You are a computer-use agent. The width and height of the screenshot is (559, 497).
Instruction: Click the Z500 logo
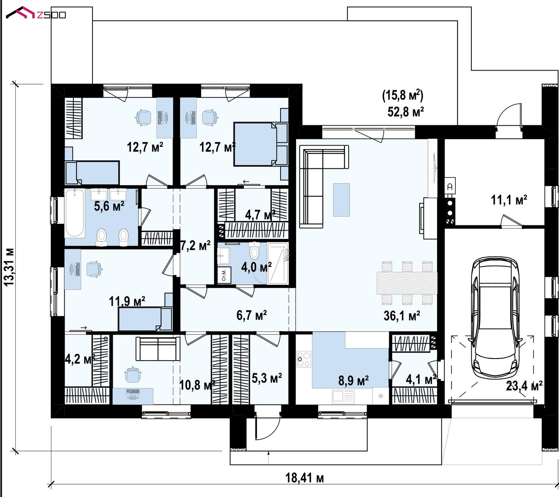coord(36,13)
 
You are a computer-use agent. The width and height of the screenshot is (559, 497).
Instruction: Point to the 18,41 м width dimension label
coord(304,478)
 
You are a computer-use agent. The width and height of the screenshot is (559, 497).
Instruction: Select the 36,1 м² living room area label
coord(402,316)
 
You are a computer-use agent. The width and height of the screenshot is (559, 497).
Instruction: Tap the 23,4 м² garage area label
coord(524,386)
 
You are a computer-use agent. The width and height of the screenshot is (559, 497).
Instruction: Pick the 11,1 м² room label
coord(509,200)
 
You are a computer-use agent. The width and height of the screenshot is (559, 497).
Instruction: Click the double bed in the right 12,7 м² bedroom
coord(255,144)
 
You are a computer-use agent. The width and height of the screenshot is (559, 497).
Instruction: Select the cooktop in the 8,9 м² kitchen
coord(304,359)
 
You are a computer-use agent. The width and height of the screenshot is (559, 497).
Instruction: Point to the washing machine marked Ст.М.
coord(224,274)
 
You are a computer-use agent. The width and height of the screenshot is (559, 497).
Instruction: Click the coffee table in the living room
coord(341,200)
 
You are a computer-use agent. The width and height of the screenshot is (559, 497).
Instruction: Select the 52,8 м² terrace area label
coord(406,112)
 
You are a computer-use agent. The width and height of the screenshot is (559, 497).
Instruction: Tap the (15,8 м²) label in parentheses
coord(403,95)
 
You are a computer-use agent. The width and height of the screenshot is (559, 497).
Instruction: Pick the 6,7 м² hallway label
coord(251,315)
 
